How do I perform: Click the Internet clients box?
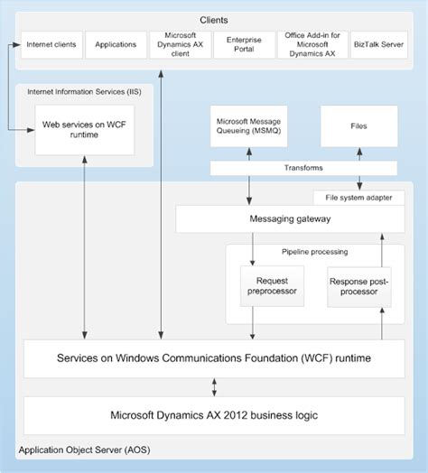51,43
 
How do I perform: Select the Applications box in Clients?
115,43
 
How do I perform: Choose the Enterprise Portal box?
243,43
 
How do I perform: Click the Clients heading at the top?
213,19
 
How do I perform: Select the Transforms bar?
303,168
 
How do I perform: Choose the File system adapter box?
358,197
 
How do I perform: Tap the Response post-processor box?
359,285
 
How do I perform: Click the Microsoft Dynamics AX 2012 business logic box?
213,415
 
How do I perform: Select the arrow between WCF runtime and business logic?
214,386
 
